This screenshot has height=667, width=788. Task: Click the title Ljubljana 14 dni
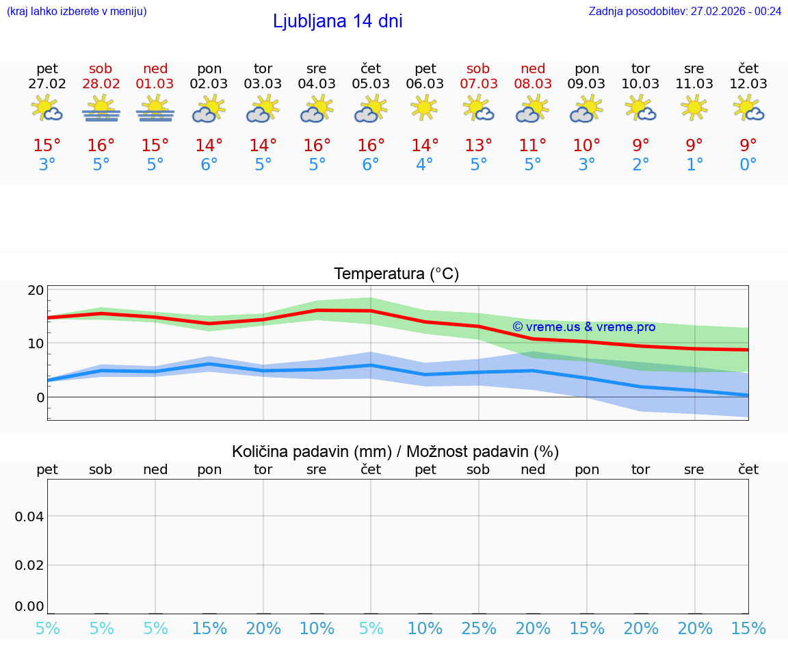point(337,21)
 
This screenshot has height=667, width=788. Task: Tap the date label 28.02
point(101,84)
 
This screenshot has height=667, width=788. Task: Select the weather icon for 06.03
point(424,107)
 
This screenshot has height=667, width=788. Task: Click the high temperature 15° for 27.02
point(47,145)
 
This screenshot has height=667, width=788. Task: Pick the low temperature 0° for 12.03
point(748,165)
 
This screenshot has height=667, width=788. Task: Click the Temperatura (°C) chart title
point(396,274)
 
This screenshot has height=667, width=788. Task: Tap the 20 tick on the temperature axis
point(36,290)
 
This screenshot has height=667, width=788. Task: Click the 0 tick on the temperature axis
point(40,397)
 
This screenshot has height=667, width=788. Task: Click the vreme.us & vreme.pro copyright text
point(583,327)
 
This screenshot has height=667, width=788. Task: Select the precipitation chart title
point(395,452)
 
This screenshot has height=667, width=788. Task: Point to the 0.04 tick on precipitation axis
point(29,516)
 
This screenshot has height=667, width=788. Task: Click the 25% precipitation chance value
point(479,629)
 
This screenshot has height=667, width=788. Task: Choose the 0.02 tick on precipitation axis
point(29,565)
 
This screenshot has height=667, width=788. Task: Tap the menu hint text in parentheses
point(77,11)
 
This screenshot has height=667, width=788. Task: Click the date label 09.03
point(587,84)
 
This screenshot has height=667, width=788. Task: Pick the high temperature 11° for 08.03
point(533,145)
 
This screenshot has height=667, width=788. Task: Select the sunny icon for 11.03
point(694,107)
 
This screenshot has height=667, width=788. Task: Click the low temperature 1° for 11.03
point(694,165)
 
